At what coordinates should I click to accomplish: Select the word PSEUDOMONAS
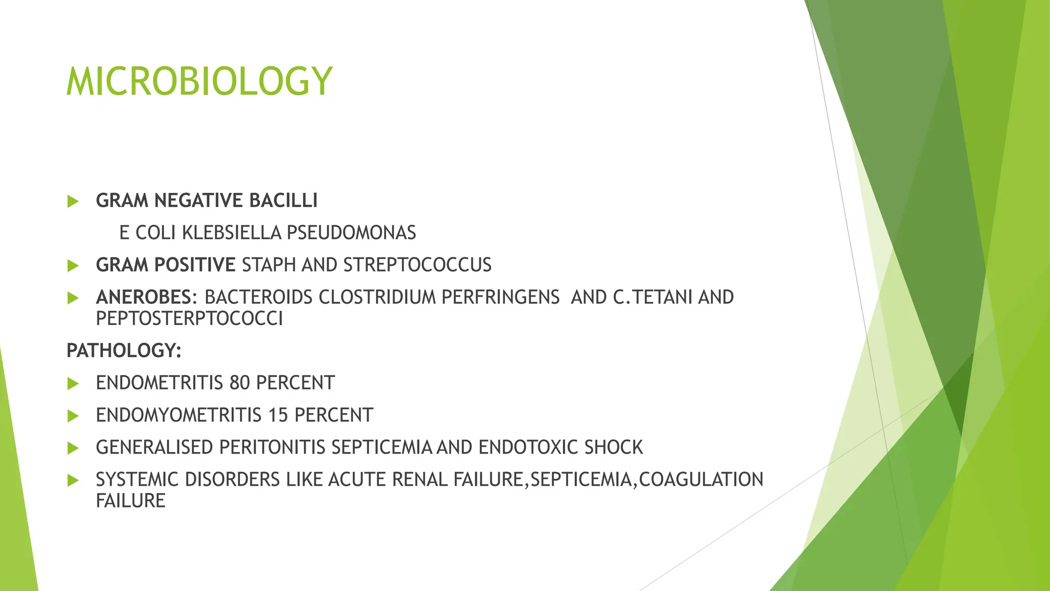pos(351,233)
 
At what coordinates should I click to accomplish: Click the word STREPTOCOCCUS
pos(417,265)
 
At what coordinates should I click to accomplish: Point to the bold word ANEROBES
pos(144,298)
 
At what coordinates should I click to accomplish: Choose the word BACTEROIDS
pos(258,298)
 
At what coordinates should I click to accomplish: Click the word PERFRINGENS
pos(500,298)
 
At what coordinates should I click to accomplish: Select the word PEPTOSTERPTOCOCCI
pos(189,319)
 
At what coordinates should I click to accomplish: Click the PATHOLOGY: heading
pos(124,351)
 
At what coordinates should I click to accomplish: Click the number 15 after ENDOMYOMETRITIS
pos(278,415)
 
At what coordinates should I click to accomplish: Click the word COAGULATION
pos(701,480)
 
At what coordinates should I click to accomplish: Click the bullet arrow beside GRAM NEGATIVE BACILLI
pos(73,201)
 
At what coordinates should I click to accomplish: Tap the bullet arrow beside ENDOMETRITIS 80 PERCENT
pos(73,384)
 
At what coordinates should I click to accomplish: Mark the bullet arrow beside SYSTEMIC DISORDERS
pos(73,481)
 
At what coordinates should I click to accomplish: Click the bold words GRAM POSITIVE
pos(166,265)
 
